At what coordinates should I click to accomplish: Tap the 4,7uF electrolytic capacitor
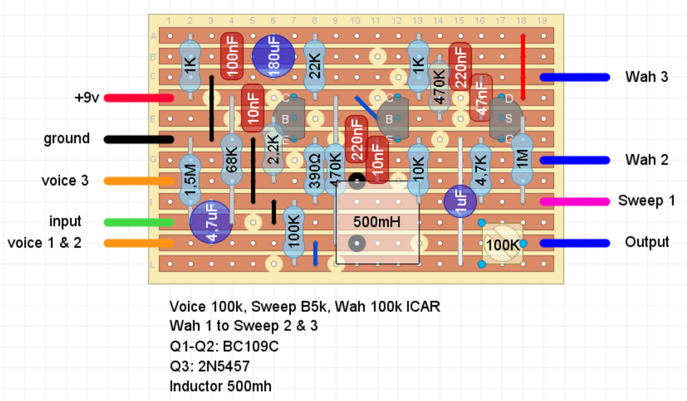pyautogui.click(x=210, y=222)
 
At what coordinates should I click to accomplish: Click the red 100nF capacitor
pyautogui.click(x=231, y=56)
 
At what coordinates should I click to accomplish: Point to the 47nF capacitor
pyautogui.click(x=481, y=98)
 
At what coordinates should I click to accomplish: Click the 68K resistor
pyautogui.click(x=231, y=161)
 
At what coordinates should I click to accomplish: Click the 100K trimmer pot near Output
pyautogui.click(x=503, y=243)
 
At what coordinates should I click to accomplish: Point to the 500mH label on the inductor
pyautogui.click(x=377, y=222)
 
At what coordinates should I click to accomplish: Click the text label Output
pyautogui.click(x=647, y=242)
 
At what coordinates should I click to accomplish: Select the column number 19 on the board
pyautogui.click(x=542, y=21)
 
